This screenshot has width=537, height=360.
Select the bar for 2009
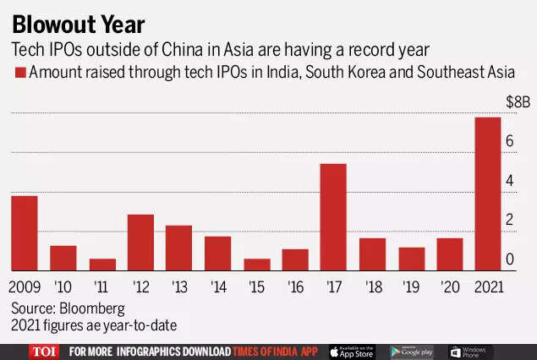(x=25, y=233)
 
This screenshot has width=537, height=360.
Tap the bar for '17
(x=333, y=217)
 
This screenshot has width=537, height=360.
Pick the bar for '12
(x=140, y=243)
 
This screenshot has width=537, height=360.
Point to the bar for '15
(x=256, y=265)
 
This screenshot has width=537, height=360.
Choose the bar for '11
(x=102, y=265)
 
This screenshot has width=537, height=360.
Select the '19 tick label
(x=411, y=286)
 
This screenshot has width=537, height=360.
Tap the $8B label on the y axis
(x=516, y=102)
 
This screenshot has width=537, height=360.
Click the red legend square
(x=19, y=74)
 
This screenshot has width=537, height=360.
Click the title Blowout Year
(x=78, y=24)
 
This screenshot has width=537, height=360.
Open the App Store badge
(x=351, y=351)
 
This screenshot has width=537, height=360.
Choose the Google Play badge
(x=412, y=351)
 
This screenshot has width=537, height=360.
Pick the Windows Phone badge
(x=471, y=351)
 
